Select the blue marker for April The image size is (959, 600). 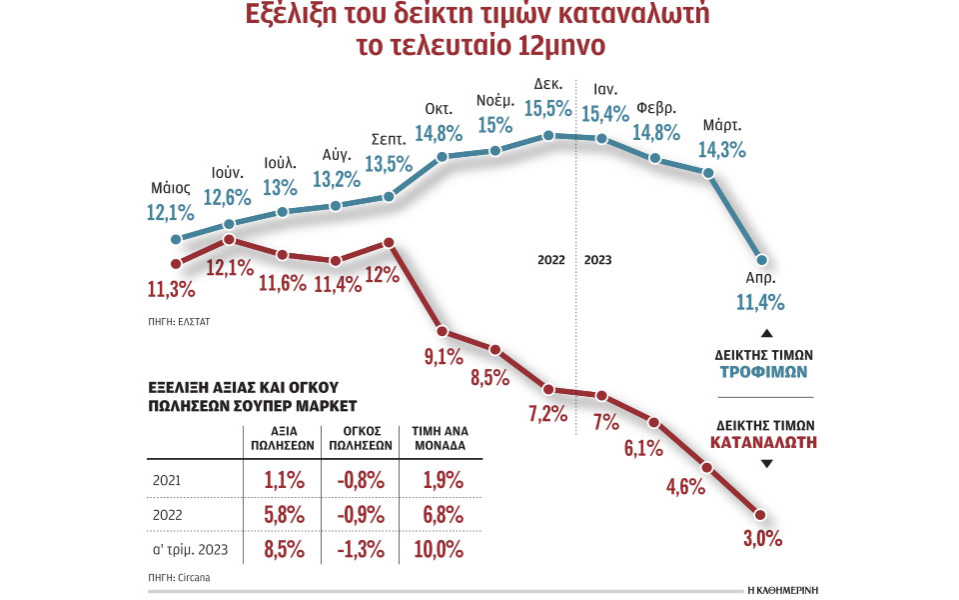click(x=761, y=259)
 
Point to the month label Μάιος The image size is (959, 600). click(x=171, y=188)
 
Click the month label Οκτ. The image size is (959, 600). click(x=439, y=107)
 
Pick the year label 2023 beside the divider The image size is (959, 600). click(x=598, y=260)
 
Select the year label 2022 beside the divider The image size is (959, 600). click(x=551, y=260)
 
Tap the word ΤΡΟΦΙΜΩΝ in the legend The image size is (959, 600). click(x=764, y=371)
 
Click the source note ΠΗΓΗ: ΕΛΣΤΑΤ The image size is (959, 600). click(x=179, y=323)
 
